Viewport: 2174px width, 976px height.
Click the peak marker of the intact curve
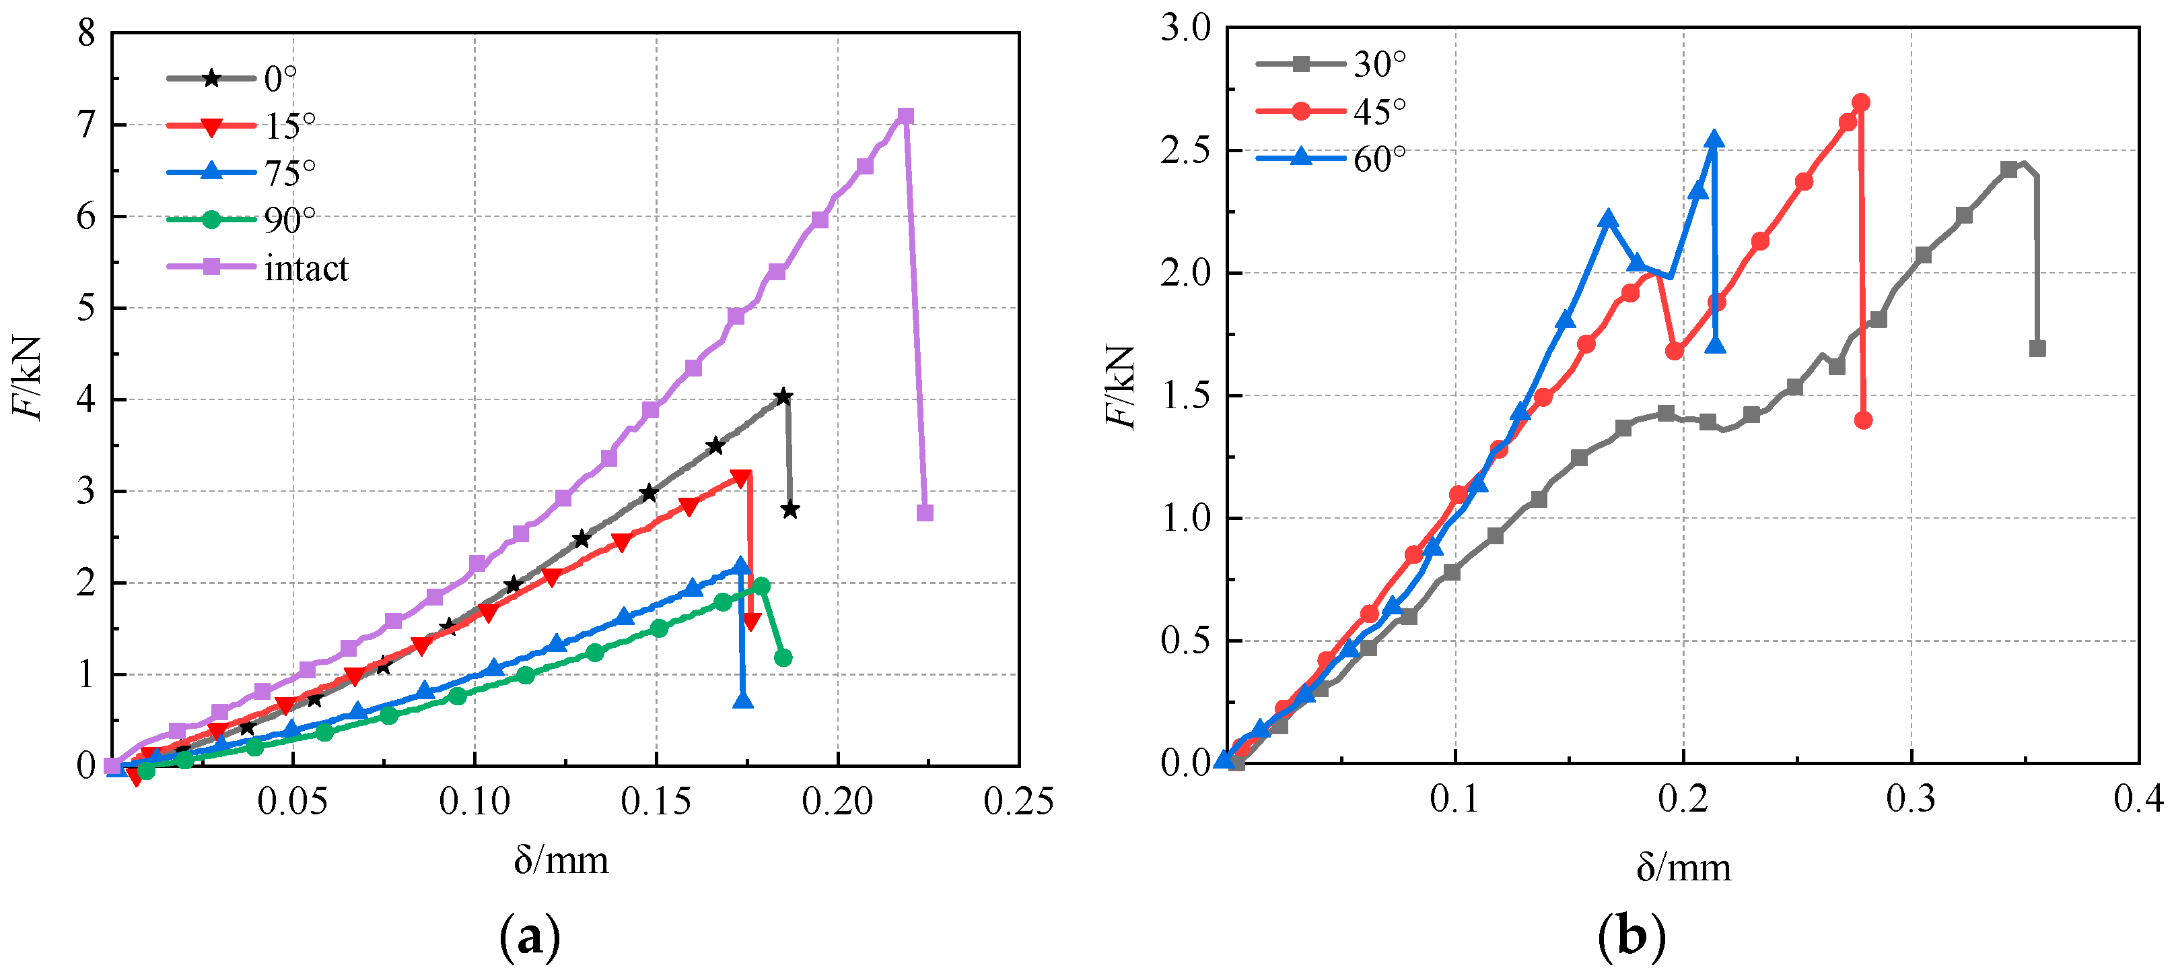905,116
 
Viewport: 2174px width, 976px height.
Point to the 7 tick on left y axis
86,125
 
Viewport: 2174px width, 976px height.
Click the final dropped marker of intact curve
925,513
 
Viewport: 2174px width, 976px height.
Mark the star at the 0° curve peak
783,397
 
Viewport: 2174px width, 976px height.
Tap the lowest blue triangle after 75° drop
742,700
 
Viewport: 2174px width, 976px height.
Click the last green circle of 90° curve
783,657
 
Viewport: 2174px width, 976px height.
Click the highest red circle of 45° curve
1861,102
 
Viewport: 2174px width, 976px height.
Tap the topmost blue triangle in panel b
1714,139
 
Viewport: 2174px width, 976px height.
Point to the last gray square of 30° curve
2037,348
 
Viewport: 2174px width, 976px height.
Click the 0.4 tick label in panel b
2138,798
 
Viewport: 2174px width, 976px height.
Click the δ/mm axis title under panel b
1683,868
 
